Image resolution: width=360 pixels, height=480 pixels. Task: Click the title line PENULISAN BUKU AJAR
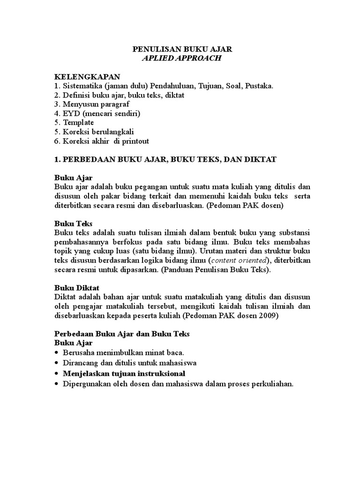(x=180, y=49)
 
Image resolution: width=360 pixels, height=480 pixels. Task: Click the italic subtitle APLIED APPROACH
(x=180, y=59)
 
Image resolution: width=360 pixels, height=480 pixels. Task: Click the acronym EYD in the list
(x=70, y=113)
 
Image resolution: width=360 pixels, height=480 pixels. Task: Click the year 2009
(x=270, y=315)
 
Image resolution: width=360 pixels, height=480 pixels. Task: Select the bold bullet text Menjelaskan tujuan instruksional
(x=124, y=373)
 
